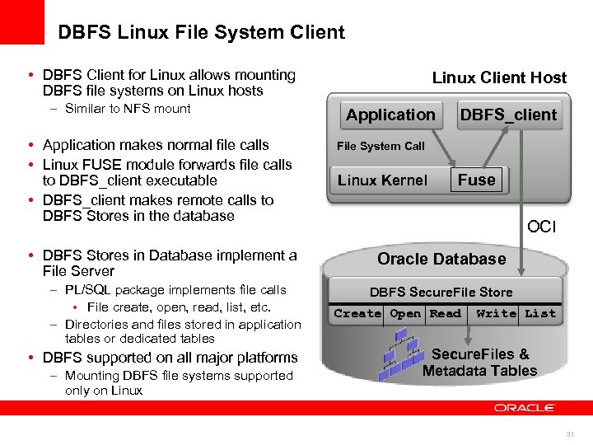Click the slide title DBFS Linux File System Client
click(x=201, y=33)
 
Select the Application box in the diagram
click(x=390, y=115)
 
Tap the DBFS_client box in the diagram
click(x=508, y=115)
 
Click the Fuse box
click(x=477, y=180)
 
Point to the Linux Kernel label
click(x=382, y=180)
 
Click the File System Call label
click(x=381, y=146)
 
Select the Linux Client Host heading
click(x=499, y=78)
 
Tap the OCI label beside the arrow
click(x=541, y=227)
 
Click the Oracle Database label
click(x=441, y=259)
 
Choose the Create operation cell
click(x=357, y=314)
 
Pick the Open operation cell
click(x=404, y=314)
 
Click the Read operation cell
click(x=445, y=314)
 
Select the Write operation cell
click(x=496, y=314)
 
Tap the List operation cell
click(x=540, y=314)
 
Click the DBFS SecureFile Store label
click(x=441, y=293)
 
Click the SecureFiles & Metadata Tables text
click(x=479, y=363)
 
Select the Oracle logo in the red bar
click(x=525, y=408)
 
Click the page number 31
click(x=569, y=434)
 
